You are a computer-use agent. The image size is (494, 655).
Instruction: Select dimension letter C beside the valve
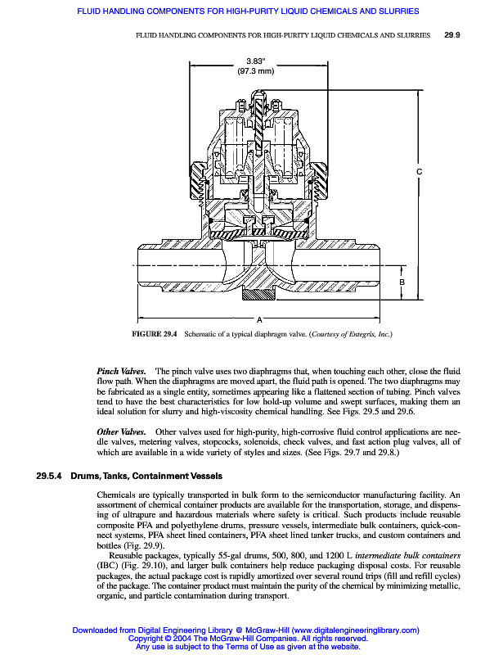(420, 172)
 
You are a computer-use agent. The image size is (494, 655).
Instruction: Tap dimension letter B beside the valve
(402, 282)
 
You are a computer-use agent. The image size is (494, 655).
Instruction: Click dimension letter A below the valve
(259, 318)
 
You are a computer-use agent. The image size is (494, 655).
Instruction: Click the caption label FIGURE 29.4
(155, 335)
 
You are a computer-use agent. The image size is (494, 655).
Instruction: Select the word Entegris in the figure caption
(362, 335)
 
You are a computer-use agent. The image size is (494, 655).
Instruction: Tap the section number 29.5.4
(50, 476)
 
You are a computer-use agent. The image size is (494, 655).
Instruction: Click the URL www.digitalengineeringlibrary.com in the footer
(355, 630)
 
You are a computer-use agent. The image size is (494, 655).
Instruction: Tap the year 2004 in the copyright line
(170, 639)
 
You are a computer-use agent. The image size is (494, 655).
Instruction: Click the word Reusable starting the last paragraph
(126, 554)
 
